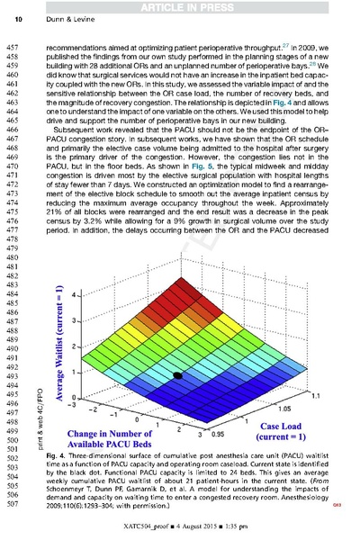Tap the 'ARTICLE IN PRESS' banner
click(179, 7)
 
